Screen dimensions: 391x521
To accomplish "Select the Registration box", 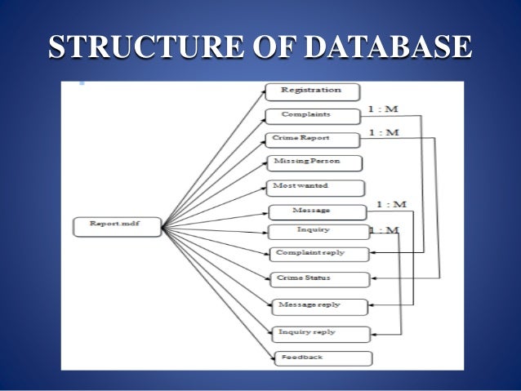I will pyautogui.click(x=312, y=91).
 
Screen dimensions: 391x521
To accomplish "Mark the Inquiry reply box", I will pyautogui.click(x=321, y=332).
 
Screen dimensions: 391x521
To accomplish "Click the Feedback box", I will pyautogui.click(x=323, y=358).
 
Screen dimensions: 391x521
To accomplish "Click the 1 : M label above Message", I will pyautogui.click(x=391, y=203).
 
